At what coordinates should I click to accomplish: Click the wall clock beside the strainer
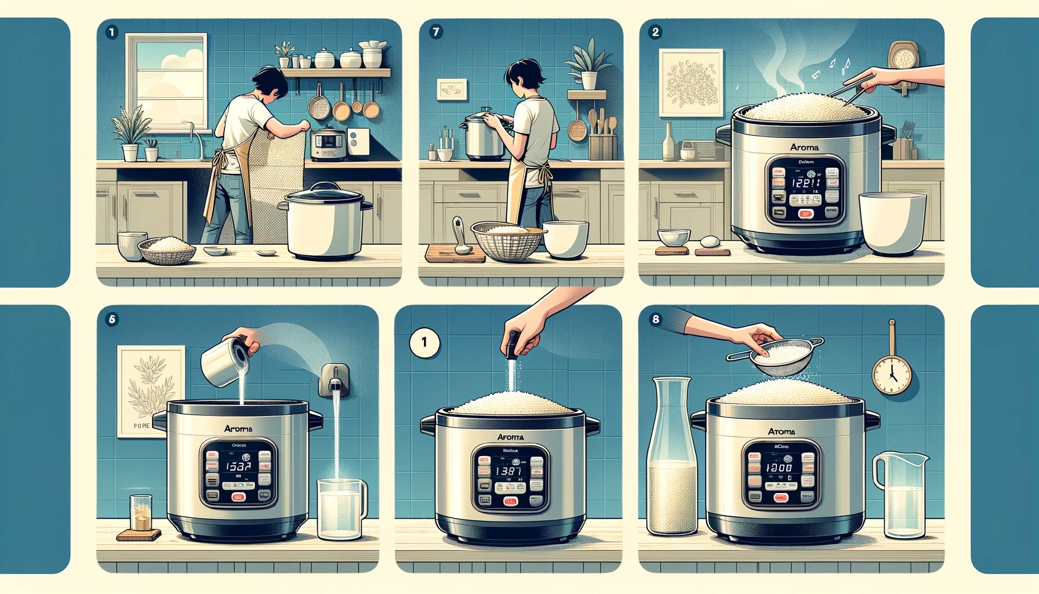tap(892, 375)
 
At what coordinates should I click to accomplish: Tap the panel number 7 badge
tap(436, 32)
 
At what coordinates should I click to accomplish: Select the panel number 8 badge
tap(655, 319)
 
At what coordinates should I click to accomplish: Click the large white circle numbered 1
tap(424, 342)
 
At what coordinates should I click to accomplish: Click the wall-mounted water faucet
tap(335, 381)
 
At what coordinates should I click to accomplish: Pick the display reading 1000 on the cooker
tap(779, 467)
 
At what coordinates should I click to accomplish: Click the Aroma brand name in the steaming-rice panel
tap(804, 147)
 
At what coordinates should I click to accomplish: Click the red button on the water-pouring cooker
tap(238, 497)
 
